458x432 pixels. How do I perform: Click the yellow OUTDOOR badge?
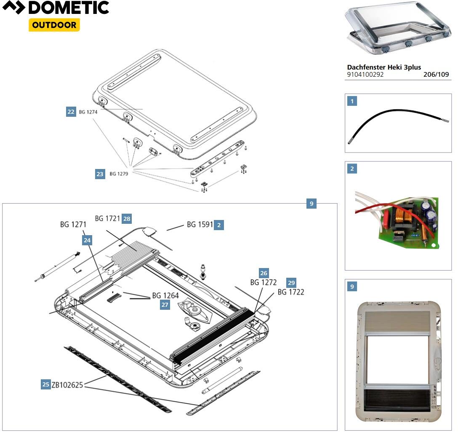(x=54, y=25)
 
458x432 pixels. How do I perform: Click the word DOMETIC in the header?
(x=69, y=8)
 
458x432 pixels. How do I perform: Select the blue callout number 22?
(x=71, y=112)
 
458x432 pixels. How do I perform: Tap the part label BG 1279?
(x=119, y=174)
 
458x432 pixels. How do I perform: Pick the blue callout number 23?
(x=100, y=174)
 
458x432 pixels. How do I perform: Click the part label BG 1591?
(x=200, y=225)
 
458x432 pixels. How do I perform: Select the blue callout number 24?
(x=87, y=240)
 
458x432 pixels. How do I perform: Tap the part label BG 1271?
(x=73, y=225)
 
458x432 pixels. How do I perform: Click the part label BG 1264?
(x=165, y=295)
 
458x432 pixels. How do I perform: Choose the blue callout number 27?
(x=165, y=305)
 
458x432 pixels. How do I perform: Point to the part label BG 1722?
(x=290, y=292)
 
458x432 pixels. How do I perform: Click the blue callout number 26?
(x=264, y=273)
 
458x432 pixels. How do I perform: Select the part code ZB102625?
(x=67, y=384)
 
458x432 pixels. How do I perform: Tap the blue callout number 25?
(x=45, y=384)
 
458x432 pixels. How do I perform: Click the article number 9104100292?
(x=365, y=75)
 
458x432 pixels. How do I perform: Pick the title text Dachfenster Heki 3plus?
(x=384, y=67)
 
